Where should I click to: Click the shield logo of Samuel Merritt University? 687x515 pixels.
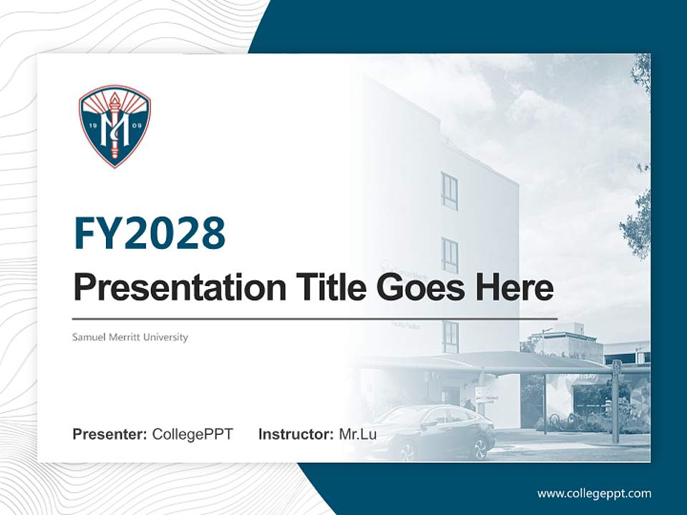pyautogui.click(x=114, y=127)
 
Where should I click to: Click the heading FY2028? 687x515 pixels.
pyautogui.click(x=150, y=233)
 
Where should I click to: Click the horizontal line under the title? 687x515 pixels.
pyautogui.click(x=315, y=318)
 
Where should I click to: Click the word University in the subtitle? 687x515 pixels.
pyautogui.click(x=167, y=337)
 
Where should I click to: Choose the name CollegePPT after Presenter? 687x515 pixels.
pyautogui.click(x=193, y=434)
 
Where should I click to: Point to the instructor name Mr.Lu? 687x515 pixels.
pyautogui.click(x=358, y=434)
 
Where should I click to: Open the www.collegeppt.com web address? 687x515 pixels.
pyautogui.click(x=594, y=493)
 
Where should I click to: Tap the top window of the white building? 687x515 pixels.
pyautogui.click(x=449, y=192)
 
